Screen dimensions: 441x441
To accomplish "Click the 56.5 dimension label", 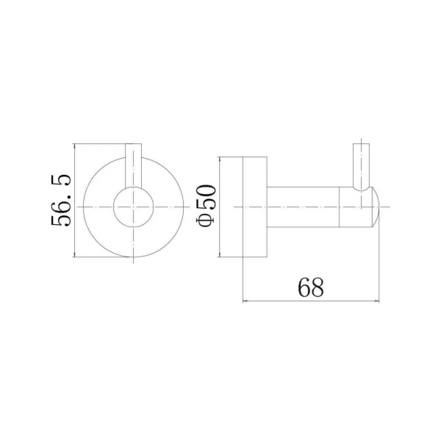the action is coord(61,200).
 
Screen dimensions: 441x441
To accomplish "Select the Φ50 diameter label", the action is coord(207,206).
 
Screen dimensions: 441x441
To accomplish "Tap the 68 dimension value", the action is coord(310,287).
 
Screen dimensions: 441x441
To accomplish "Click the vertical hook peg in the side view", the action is coord(361,167).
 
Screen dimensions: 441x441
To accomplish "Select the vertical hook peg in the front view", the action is coord(133,165).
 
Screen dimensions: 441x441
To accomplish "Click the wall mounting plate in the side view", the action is coord(254,207).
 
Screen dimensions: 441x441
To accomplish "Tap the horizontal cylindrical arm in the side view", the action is coord(303,207).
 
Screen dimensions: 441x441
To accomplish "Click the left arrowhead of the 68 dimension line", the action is coord(244,301).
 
